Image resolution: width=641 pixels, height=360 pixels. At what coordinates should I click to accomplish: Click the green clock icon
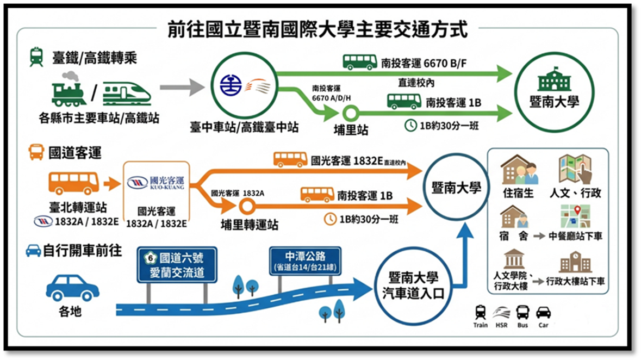click(x=410, y=126)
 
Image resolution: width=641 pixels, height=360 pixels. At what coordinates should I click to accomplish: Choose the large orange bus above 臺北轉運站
click(x=74, y=183)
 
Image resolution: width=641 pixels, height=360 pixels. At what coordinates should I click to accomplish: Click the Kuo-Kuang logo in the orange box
click(x=156, y=183)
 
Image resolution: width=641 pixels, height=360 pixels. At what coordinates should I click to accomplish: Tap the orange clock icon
click(x=330, y=219)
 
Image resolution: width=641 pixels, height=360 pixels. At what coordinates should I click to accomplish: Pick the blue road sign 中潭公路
click(x=305, y=261)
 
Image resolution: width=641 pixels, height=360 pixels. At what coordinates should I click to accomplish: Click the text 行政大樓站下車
click(x=575, y=281)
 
